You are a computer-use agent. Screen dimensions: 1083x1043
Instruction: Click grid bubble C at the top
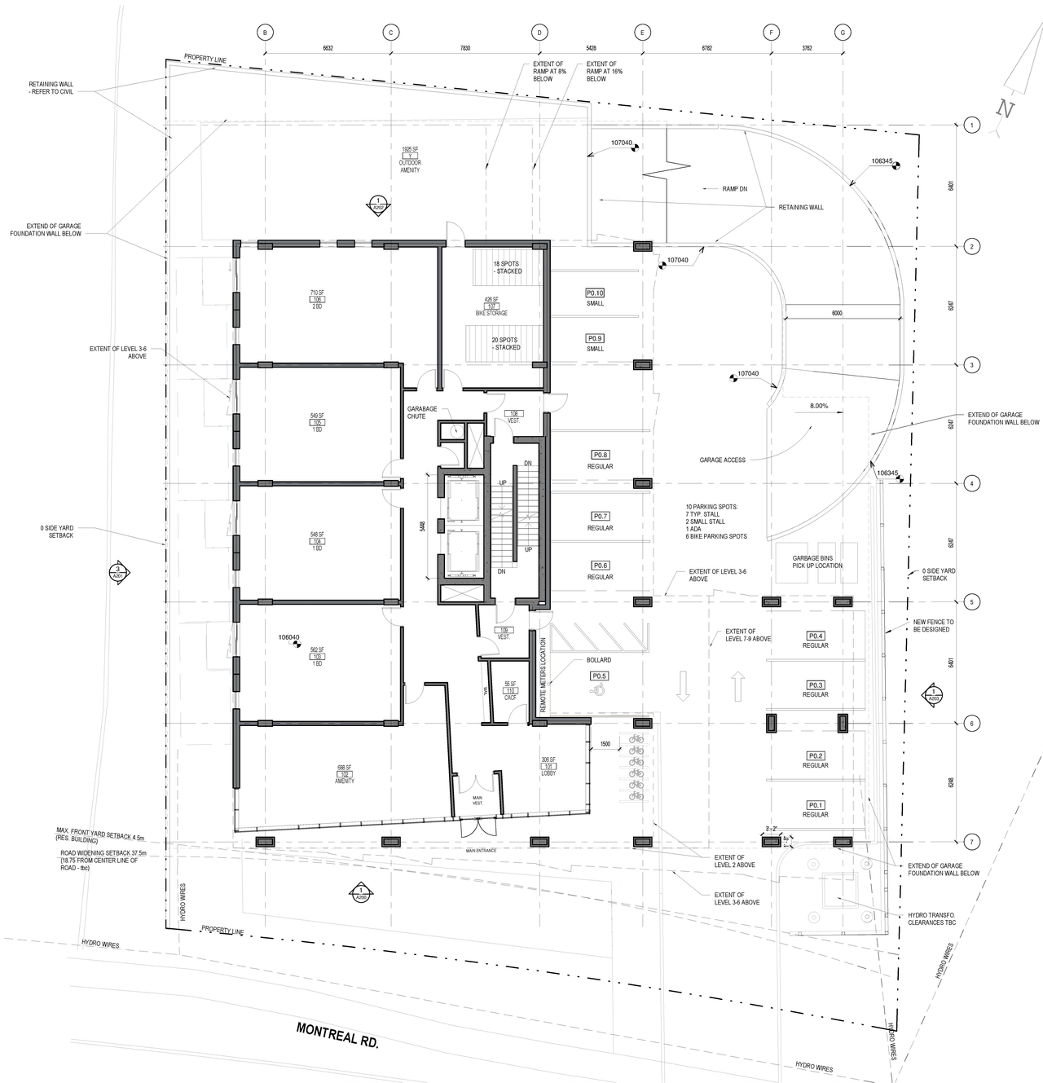pyautogui.click(x=390, y=33)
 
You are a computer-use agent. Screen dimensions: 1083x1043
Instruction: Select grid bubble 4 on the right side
pyautogui.click(x=970, y=483)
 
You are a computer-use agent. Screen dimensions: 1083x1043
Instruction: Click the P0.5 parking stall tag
pyautogui.click(x=599, y=676)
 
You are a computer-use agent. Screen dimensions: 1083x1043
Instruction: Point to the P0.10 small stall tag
pyautogui.click(x=595, y=293)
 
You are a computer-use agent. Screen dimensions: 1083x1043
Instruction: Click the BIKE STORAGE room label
pyautogui.click(x=491, y=313)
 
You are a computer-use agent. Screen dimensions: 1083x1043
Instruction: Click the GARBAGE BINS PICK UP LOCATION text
pyautogui.click(x=817, y=562)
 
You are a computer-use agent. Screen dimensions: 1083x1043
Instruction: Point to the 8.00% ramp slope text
pyautogui.click(x=818, y=406)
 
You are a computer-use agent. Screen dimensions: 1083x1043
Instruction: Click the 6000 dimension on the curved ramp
pyautogui.click(x=837, y=313)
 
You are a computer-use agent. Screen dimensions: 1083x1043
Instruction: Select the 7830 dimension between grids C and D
pyautogui.click(x=464, y=48)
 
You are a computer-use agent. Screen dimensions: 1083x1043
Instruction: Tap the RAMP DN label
pyautogui.click(x=734, y=188)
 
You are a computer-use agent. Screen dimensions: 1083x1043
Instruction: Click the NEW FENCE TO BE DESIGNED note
pyautogui.click(x=933, y=626)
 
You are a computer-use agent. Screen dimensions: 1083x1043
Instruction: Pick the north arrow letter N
pyautogui.click(x=1006, y=110)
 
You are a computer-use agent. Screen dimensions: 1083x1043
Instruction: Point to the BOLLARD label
pyautogui.click(x=598, y=660)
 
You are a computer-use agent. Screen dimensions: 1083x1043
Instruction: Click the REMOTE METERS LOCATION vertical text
pyautogui.click(x=544, y=674)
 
